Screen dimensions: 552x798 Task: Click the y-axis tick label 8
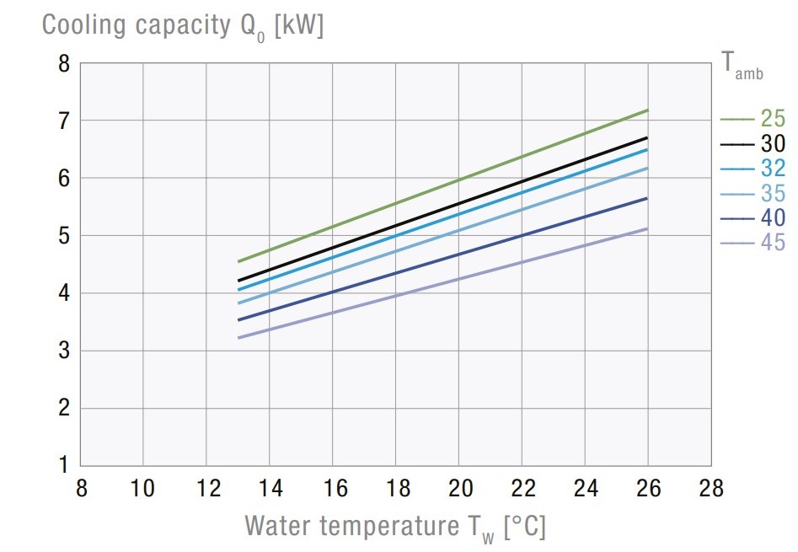[x=64, y=63]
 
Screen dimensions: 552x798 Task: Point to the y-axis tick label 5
[x=64, y=236]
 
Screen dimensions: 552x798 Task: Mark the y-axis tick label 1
[x=64, y=465]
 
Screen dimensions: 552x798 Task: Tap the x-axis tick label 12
[x=206, y=489]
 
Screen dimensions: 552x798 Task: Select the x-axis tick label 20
[x=458, y=489]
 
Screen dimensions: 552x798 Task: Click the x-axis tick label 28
[x=710, y=489]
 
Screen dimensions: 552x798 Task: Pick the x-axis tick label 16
[x=332, y=489]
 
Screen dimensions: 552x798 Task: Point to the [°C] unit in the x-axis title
[x=523, y=527]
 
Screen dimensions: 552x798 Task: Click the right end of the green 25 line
[x=647, y=110]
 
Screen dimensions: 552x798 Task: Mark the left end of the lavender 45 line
[x=239, y=338]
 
